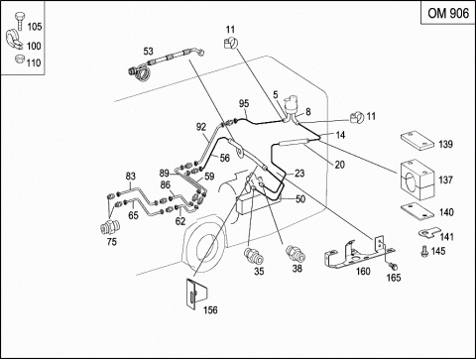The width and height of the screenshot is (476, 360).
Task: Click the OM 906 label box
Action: [448, 13]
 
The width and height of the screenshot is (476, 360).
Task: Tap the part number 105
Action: [35, 27]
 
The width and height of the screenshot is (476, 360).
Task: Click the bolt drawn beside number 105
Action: [20, 21]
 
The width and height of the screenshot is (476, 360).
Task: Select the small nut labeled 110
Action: [20, 60]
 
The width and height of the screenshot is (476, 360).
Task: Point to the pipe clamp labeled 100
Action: [13, 40]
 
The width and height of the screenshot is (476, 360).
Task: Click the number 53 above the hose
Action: [148, 52]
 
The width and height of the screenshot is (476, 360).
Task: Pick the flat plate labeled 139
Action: [416, 141]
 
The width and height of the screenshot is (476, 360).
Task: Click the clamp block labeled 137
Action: [416, 180]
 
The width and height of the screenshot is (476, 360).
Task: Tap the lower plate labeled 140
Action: [416, 211]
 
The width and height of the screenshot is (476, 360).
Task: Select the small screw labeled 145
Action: [424, 251]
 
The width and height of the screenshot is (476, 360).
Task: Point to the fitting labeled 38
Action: [296, 254]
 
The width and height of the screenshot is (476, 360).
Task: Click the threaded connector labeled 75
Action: [110, 227]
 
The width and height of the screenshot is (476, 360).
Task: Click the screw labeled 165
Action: [393, 266]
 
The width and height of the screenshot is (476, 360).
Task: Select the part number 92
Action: [201, 127]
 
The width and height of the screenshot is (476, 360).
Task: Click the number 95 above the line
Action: [244, 103]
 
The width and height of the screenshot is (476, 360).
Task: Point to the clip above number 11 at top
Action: [230, 43]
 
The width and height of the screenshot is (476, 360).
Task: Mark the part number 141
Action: [446, 237]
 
